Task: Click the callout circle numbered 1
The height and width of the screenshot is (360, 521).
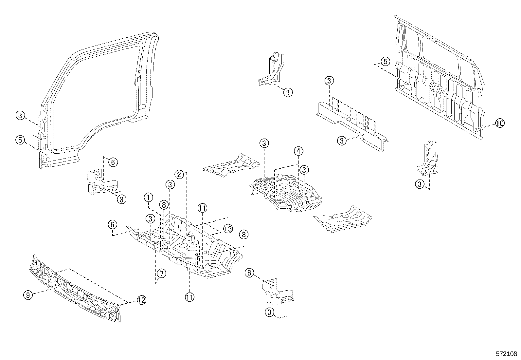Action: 149,198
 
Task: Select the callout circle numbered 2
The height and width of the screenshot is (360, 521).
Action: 179,174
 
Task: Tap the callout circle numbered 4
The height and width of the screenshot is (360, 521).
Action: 298,151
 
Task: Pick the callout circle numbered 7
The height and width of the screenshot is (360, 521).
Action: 161,273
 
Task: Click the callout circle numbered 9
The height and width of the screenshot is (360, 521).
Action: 28,295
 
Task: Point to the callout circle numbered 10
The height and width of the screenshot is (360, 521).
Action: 499,123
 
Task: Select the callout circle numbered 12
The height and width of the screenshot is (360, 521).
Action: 141,300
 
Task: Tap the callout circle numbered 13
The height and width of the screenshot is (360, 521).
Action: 228,228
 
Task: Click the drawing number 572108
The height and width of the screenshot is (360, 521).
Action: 506,354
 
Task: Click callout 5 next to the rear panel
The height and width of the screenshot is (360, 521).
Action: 386,61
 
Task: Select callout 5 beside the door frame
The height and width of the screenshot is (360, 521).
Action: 20,140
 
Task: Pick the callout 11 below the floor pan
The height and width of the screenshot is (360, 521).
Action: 189,297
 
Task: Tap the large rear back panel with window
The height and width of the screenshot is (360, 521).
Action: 439,79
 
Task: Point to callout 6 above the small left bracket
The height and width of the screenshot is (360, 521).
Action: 112,162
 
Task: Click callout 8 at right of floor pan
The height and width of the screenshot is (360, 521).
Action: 243,235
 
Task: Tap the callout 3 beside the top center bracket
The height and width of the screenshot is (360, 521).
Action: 288,92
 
